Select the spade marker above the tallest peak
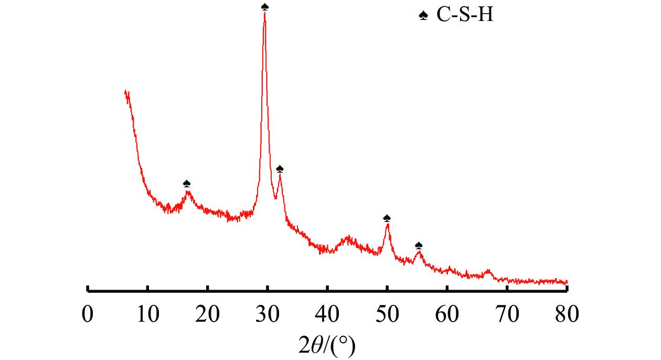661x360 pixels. click(265, 6)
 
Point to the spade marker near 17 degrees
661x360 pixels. click(187, 183)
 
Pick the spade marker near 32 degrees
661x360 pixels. click(280, 168)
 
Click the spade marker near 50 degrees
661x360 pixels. click(387, 218)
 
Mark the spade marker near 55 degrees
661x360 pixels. click(419, 245)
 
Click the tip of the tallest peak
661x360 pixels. click(265, 13)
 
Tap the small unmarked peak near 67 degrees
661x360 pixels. click(488, 271)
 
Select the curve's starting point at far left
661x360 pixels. click(125, 91)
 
